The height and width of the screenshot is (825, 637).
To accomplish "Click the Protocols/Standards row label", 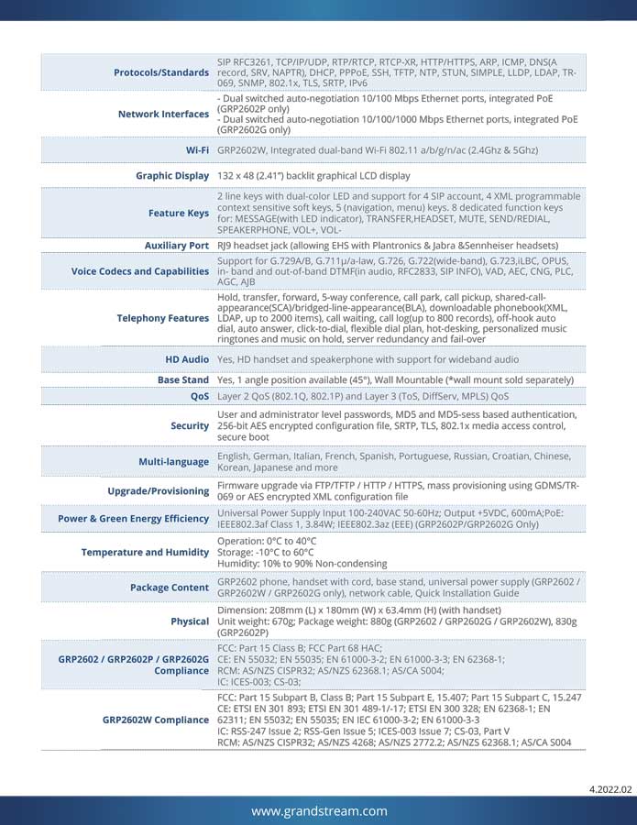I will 160,72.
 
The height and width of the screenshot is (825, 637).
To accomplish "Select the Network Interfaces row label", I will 163,115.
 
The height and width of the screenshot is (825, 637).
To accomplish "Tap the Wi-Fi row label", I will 197,149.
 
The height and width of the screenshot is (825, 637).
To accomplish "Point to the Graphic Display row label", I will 172,175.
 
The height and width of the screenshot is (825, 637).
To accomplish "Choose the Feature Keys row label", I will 179,214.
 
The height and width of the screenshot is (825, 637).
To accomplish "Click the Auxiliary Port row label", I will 177,246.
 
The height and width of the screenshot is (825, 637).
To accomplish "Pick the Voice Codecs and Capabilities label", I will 140,271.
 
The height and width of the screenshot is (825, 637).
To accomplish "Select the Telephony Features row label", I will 162,318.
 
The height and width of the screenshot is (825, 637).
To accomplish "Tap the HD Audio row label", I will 187,359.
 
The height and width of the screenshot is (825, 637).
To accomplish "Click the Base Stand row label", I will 183,379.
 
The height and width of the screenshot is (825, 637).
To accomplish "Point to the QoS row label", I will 199,397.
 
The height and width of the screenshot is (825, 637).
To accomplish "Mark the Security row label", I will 190,426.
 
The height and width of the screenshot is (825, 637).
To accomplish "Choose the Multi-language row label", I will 174,462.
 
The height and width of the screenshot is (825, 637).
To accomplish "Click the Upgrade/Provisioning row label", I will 158,491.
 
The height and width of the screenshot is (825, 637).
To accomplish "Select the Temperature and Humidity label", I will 145,553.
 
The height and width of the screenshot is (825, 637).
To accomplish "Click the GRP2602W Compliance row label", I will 155,720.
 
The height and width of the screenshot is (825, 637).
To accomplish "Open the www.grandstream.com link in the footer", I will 318,811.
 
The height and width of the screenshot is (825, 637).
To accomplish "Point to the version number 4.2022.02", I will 610,789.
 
